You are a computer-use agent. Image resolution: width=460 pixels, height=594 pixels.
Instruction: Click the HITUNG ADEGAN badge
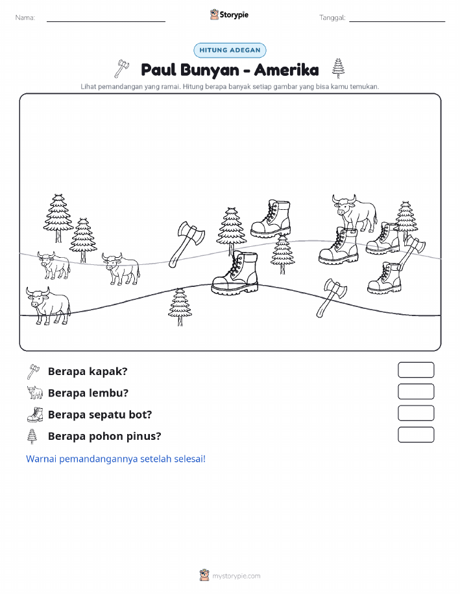230,50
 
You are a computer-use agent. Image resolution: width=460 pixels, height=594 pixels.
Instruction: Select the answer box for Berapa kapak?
416,370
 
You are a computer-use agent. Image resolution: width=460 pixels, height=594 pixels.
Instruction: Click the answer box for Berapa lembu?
416,391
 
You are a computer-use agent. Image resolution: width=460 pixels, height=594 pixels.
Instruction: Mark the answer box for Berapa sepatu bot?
416,413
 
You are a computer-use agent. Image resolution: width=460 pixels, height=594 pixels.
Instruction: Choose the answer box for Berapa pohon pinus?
416,435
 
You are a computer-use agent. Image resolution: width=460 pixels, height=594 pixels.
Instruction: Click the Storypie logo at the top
229,15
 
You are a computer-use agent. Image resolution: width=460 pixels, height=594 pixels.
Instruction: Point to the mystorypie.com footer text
236,576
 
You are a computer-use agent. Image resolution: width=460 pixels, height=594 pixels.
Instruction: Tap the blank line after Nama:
106,21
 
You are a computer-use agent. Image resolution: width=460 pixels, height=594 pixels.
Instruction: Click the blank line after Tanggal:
397,21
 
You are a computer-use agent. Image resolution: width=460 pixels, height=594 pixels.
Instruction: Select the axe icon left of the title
122,68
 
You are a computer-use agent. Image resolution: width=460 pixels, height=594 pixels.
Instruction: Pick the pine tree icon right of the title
338,68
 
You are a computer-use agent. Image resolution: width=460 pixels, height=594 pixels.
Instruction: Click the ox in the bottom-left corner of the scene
48,305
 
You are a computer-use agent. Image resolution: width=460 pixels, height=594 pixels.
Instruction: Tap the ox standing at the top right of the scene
355,212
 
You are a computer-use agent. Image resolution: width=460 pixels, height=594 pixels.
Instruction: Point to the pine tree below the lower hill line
180,307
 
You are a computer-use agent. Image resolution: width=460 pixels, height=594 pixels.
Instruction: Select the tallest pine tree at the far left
58,218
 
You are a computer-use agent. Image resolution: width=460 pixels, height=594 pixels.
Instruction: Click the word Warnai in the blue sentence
42,459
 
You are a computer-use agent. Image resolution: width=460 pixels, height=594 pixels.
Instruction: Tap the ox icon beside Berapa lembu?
35,393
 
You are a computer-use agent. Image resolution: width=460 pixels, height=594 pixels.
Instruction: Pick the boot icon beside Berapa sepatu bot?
35,414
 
